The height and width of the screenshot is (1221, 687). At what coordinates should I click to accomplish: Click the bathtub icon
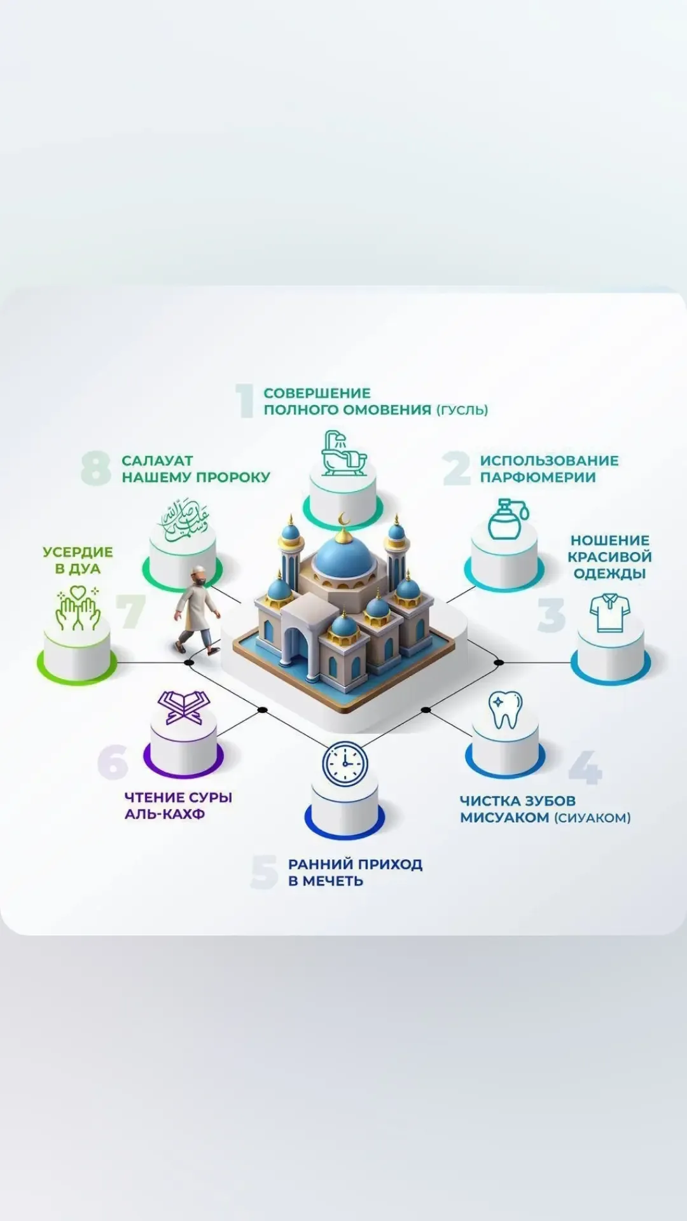point(343,453)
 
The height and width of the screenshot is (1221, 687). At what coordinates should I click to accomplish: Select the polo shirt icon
point(609,613)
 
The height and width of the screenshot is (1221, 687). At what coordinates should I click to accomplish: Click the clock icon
point(345,762)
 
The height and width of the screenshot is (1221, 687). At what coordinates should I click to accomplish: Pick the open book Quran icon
point(183,708)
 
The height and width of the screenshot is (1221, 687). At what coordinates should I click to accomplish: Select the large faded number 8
point(96,469)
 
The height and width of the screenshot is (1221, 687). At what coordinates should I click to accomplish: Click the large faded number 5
point(264,872)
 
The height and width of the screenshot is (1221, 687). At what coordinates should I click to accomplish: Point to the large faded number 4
point(584,767)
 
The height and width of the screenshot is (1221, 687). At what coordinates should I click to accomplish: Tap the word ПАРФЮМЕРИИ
point(538,478)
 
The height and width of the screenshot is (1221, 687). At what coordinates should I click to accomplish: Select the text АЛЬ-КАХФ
point(165,814)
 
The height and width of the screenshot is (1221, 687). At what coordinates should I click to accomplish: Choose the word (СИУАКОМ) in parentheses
point(592,818)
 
